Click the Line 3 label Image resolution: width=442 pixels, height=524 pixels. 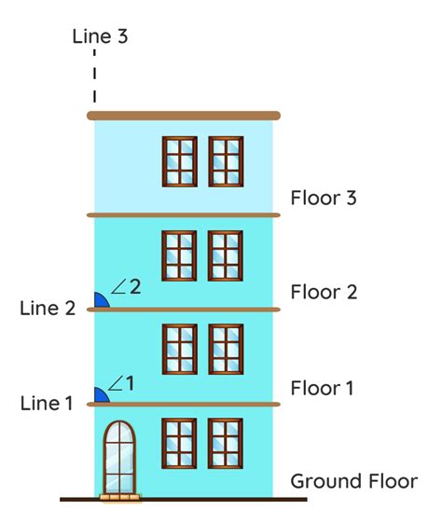point(100,37)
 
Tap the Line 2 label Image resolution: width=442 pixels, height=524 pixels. point(47,309)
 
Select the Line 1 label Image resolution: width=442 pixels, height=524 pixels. point(46,404)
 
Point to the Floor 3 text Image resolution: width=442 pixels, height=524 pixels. point(324,198)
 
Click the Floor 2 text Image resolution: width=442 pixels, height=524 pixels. point(324,292)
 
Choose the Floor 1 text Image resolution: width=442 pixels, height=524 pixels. point(323,387)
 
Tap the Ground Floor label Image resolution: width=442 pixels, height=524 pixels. point(353,482)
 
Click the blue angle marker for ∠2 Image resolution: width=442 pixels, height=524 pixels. point(99,301)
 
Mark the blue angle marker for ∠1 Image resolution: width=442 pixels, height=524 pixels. point(100,396)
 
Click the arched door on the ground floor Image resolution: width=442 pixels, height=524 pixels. point(118,457)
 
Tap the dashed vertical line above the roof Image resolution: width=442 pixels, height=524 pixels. point(94,78)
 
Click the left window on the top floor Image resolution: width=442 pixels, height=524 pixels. point(179,161)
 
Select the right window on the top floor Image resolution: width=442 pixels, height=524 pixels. point(226,161)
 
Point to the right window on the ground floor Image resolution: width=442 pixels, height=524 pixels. point(226,443)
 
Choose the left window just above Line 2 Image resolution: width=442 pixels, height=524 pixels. point(179,255)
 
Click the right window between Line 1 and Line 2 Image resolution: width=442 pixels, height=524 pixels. point(226,349)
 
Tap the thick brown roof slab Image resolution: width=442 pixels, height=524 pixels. point(184,116)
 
